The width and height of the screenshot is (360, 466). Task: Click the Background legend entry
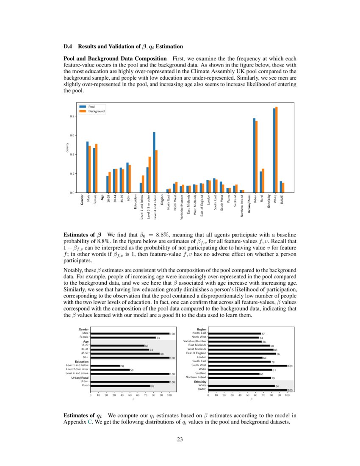(x=96, y=111)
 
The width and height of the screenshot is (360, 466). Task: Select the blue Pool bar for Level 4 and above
(x=154, y=162)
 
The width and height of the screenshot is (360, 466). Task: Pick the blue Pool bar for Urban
(x=254, y=155)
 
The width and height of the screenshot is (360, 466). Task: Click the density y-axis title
(x=67, y=147)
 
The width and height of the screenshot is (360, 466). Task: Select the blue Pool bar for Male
(x=87, y=167)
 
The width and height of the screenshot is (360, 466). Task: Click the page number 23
(x=180, y=439)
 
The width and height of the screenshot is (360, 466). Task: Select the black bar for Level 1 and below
(x=105, y=366)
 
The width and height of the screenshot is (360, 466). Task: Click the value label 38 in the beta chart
(x=122, y=366)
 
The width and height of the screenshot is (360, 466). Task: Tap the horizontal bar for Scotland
(x=234, y=374)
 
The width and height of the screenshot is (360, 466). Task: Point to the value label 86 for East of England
(x=278, y=353)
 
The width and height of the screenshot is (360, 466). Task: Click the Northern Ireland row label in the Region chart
(x=196, y=377)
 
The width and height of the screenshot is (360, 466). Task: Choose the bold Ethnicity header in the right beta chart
(x=201, y=382)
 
